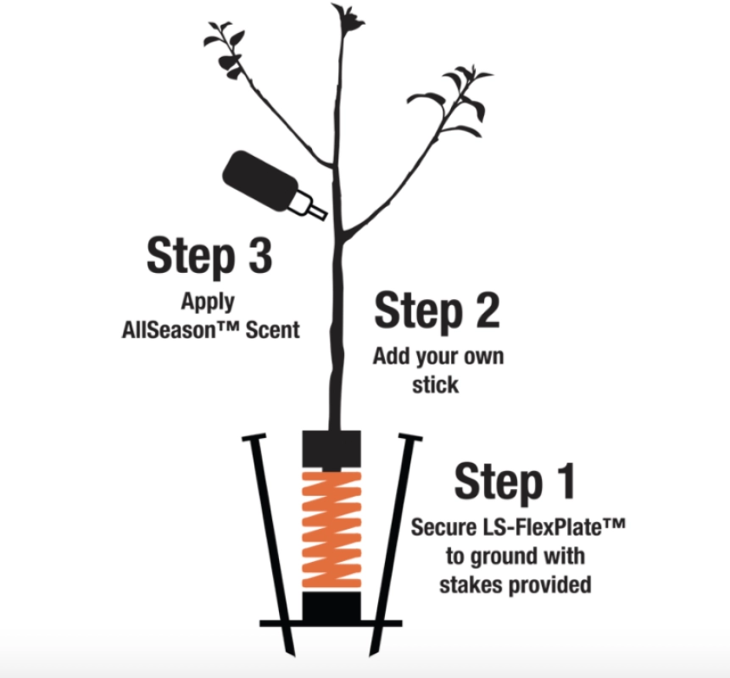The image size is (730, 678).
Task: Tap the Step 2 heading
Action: tap(437, 310)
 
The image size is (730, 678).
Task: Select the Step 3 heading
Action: tap(209, 255)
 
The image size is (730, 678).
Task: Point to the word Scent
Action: tap(272, 330)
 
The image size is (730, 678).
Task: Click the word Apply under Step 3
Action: tap(208, 303)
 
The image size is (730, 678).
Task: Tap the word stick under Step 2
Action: tap(435, 385)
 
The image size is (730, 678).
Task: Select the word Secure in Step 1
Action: tap(443, 528)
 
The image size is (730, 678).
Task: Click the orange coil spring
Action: tap(332, 530)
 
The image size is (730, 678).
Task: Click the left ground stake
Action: tap(269, 543)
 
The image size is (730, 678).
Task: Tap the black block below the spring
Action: tap(332, 606)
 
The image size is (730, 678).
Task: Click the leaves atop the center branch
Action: tap(348, 18)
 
